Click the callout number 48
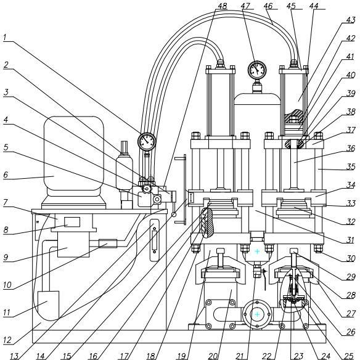pyautogui.click(x=222, y=6)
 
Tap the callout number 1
pyautogui.click(x=5, y=38)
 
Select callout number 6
pyautogui.click(x=6, y=174)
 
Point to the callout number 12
pyautogui.click(x=7, y=340)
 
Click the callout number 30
pyautogui.click(x=351, y=258)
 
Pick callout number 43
pyautogui.click(x=351, y=20)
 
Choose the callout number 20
pyautogui.click(x=213, y=356)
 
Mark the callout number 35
pyautogui.click(x=351, y=166)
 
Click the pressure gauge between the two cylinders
pyautogui.click(x=257, y=70)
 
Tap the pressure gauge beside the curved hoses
pyautogui.click(x=147, y=141)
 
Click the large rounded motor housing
pyautogui.click(x=74, y=153)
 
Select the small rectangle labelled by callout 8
pyautogui.click(x=72, y=222)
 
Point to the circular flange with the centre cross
pyautogui.click(x=257, y=314)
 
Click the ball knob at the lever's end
pyautogui.click(x=174, y=215)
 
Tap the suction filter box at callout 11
pyautogui.click(x=48, y=305)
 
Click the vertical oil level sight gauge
pyautogui.click(x=154, y=240)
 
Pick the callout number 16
pyautogui.click(x=93, y=356)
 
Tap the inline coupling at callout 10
pyautogui.click(x=108, y=243)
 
